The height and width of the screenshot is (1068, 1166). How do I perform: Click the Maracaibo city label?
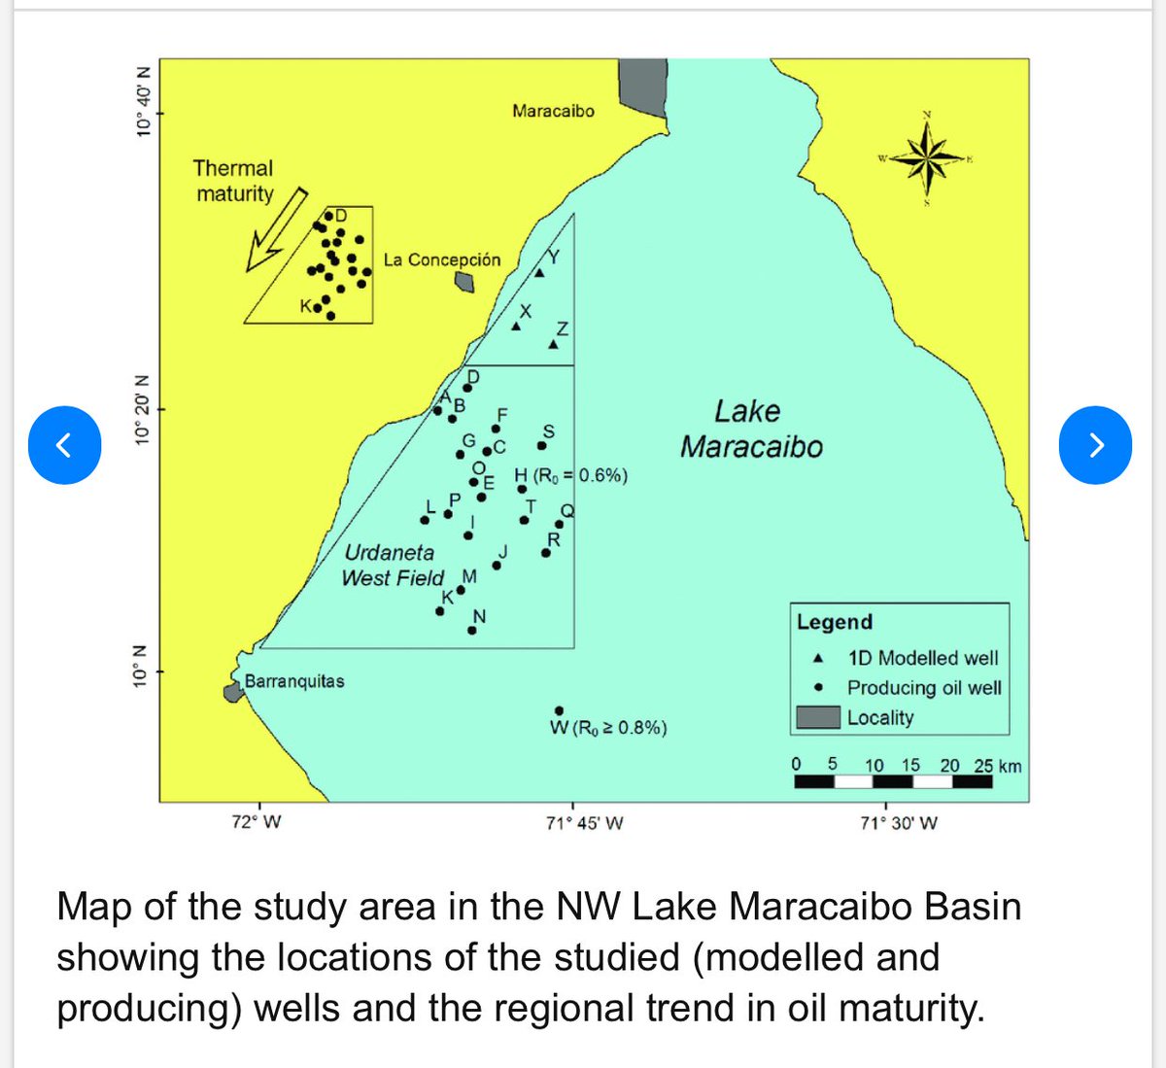tap(553, 111)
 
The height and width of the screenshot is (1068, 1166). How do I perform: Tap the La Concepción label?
tap(442, 259)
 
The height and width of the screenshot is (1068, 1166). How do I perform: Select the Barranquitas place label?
tap(294, 681)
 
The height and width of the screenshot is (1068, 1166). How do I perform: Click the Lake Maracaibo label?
tap(750, 429)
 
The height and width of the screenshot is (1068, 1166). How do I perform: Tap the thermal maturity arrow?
tap(276, 229)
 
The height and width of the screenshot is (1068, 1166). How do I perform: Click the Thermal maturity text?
tap(233, 181)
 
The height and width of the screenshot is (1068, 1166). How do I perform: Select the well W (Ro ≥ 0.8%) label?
tap(608, 728)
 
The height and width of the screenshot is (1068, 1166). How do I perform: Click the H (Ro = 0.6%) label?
tap(571, 475)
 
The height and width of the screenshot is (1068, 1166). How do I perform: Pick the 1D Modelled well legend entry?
tap(921, 659)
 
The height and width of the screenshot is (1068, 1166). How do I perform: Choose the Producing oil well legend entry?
tap(923, 688)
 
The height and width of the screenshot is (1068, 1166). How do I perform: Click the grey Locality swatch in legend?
tap(817, 717)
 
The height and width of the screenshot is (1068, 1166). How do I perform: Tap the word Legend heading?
tap(835, 622)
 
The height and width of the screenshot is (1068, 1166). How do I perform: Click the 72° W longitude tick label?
tap(257, 823)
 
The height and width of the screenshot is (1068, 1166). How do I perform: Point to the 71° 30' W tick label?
tap(900, 823)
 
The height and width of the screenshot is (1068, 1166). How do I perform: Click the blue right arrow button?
tap(1095, 444)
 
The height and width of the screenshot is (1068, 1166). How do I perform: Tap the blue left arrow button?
tap(64, 444)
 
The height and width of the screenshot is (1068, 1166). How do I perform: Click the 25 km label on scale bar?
tap(998, 766)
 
